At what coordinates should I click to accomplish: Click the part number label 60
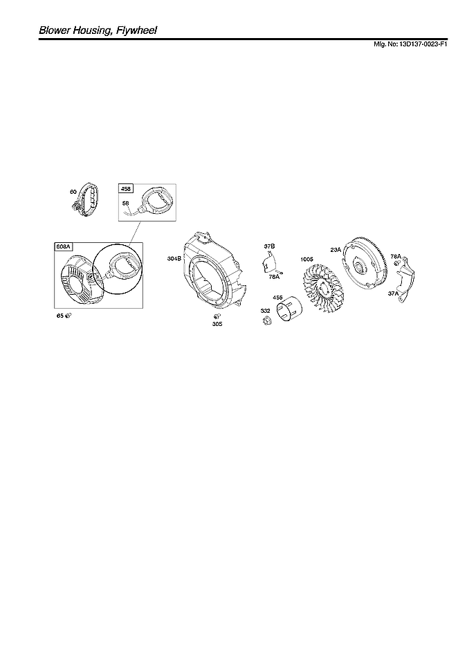click(x=73, y=191)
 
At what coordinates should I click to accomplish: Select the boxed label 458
click(x=127, y=188)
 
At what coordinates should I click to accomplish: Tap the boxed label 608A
click(x=64, y=246)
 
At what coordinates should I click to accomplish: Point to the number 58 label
click(x=126, y=203)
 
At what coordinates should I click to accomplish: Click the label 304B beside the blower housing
click(x=174, y=258)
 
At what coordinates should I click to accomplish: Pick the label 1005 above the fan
click(x=307, y=260)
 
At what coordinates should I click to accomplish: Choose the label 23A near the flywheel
click(x=335, y=250)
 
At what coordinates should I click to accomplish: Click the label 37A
click(x=394, y=293)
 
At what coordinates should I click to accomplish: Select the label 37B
click(x=269, y=246)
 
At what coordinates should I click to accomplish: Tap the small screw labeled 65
click(x=68, y=316)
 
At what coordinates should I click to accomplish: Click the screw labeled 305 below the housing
click(x=217, y=317)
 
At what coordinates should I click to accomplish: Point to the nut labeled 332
click(x=266, y=322)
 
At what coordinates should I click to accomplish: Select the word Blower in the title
click(x=56, y=30)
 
